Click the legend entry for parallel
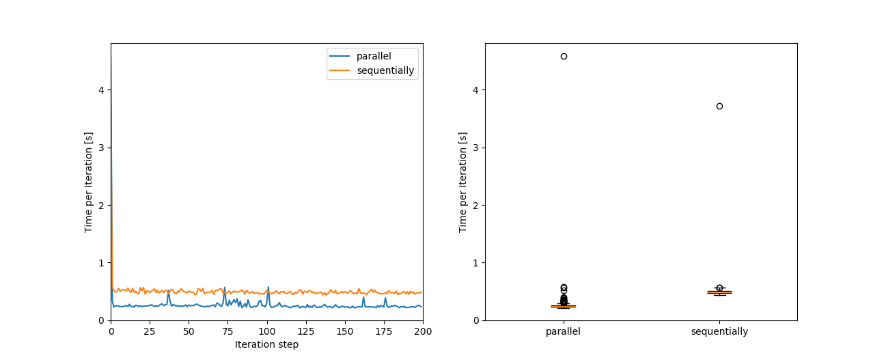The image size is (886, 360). coord(373,56)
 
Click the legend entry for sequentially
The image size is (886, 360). coord(385,70)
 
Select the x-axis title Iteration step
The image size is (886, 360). coord(266,344)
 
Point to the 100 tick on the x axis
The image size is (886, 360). coord(267,331)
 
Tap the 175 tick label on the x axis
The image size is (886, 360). coord(384,331)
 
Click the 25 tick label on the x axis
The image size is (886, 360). coord(150,331)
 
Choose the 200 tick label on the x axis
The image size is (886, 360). coord(423,331)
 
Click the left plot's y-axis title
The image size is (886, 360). coord(89,182)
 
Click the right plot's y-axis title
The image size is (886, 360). coord(463,182)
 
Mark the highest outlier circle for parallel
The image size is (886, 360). coord(564,56)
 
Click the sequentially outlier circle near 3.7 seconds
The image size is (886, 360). coord(719,106)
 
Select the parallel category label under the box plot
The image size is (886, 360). coord(564,332)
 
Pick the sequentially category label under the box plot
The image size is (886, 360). coord(719,332)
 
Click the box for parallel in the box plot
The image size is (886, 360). coord(564,306)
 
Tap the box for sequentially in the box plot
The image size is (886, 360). coord(719,292)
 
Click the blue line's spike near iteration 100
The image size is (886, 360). coord(268,288)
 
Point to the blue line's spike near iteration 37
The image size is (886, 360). coord(169,290)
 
